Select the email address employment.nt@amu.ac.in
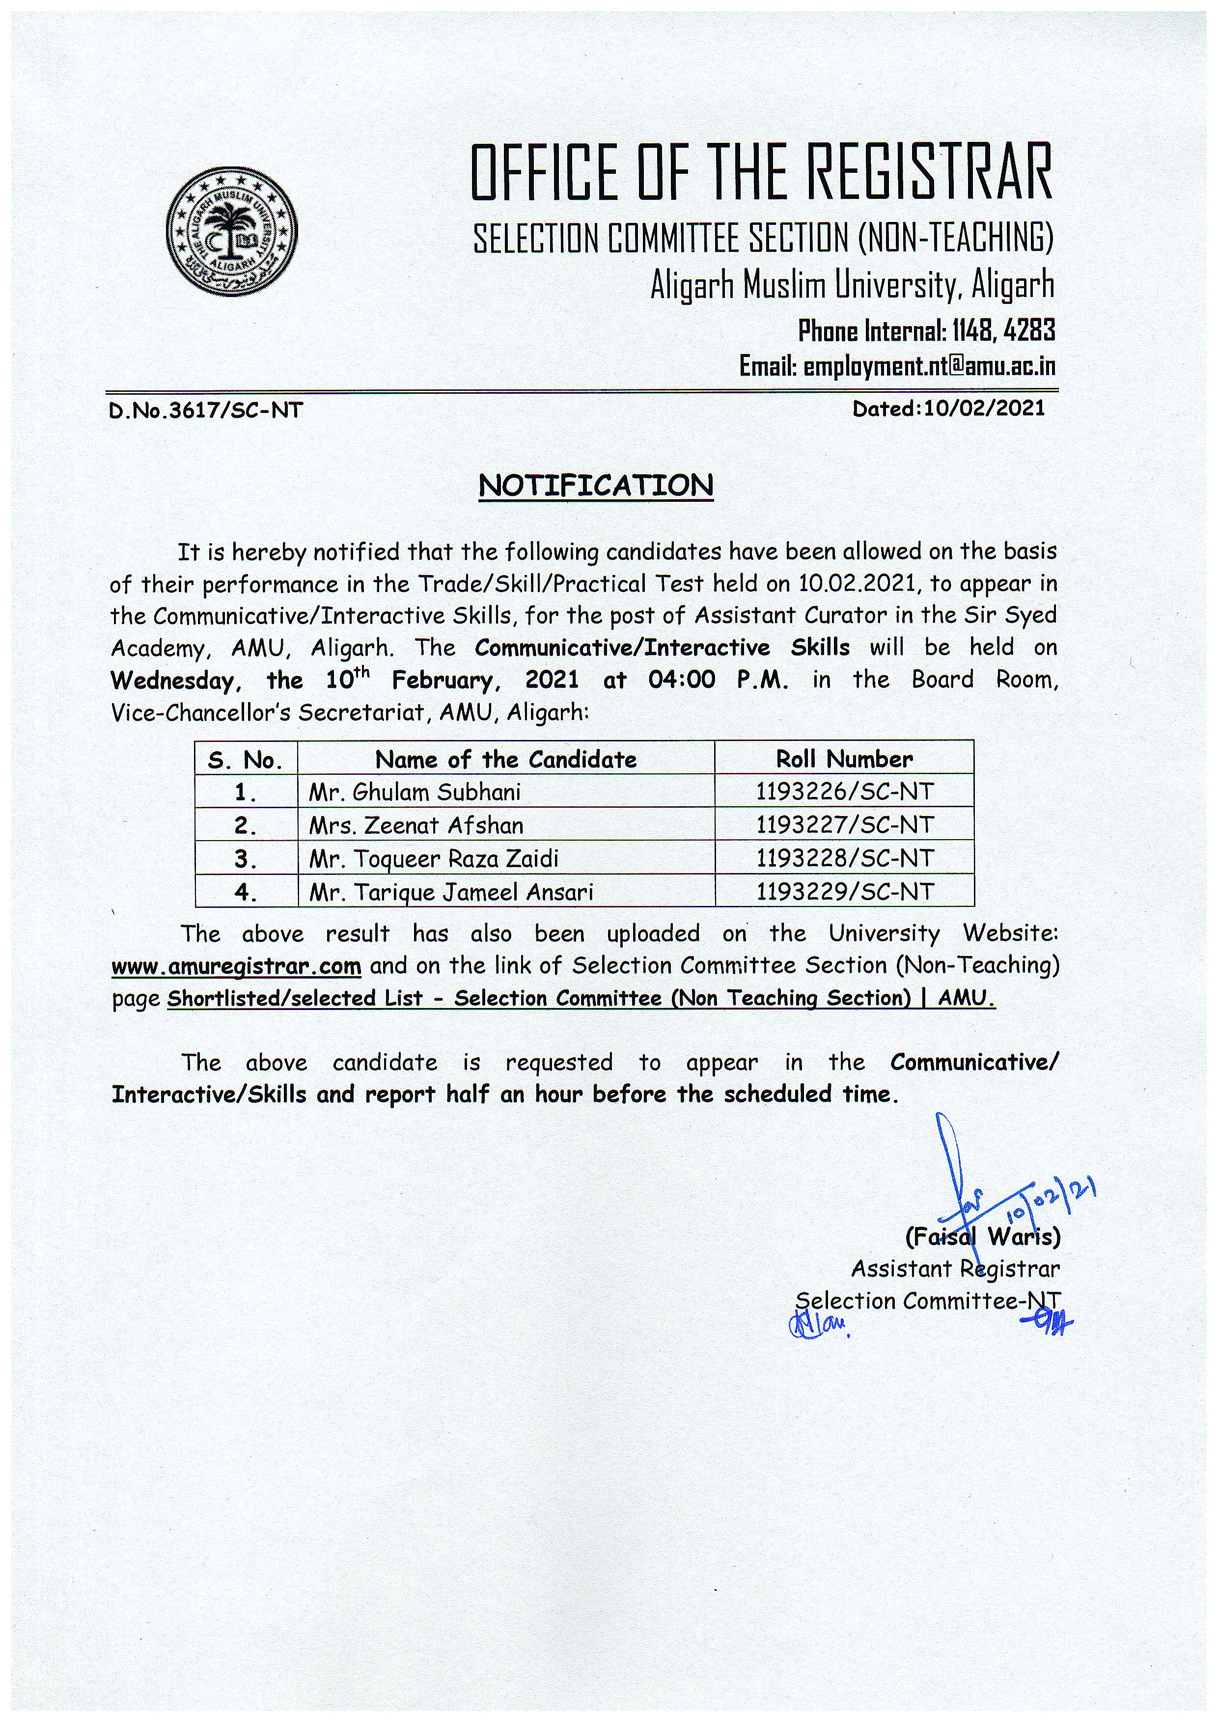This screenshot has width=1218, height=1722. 929,367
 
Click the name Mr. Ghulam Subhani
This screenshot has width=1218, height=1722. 415,792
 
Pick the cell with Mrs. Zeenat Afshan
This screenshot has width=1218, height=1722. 416,825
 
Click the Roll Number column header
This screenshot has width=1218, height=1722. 845,759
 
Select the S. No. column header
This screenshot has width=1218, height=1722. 245,761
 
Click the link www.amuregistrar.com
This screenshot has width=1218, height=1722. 236,967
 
